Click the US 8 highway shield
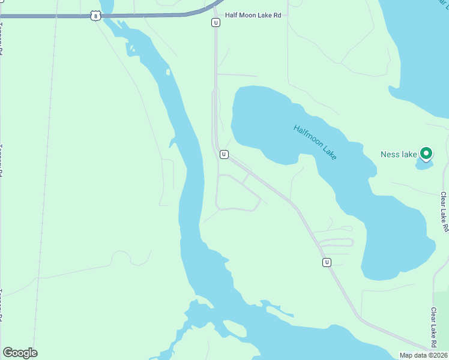(x=96, y=16)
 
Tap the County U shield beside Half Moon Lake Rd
(x=215, y=23)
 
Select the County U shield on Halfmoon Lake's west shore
(x=223, y=154)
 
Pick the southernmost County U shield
(x=327, y=262)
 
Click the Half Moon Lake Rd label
(x=253, y=15)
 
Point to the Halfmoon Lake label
(x=315, y=142)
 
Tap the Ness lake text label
(x=399, y=154)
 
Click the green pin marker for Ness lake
(x=426, y=154)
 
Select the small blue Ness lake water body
(x=423, y=164)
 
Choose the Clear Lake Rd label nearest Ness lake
(x=444, y=212)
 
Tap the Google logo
(x=20, y=353)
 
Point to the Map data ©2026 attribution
(x=423, y=355)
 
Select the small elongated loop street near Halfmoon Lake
(x=336, y=242)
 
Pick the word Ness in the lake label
(x=390, y=154)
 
